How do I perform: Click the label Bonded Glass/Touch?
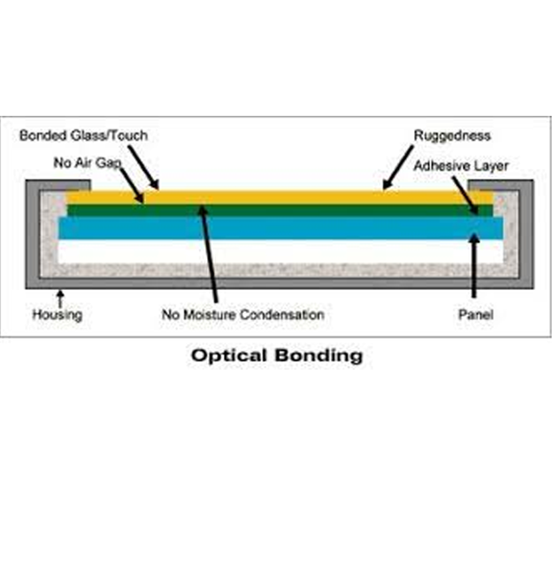[83, 136]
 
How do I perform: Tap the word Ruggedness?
[451, 136]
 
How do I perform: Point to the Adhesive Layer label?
[461, 165]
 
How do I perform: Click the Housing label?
[57, 314]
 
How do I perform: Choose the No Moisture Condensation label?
[242, 314]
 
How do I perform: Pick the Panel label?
[475, 314]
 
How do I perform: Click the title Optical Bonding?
[277, 355]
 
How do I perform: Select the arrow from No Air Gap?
[131, 187]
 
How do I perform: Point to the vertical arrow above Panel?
[475, 265]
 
